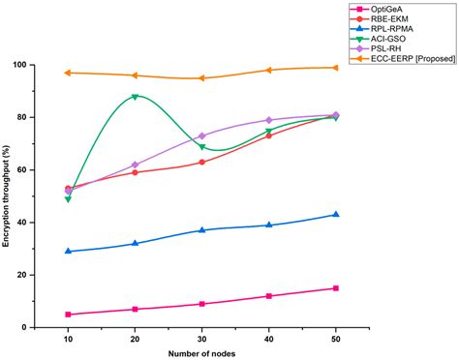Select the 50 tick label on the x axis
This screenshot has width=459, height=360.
(335, 338)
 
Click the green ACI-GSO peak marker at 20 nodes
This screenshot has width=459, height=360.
(135, 96)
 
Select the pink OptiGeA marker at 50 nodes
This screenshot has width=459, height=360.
(335, 288)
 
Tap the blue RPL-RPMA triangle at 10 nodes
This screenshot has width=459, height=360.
(68, 251)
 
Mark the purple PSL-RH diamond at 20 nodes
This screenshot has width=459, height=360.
(135, 165)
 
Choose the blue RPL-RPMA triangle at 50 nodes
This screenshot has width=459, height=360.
(335, 214)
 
